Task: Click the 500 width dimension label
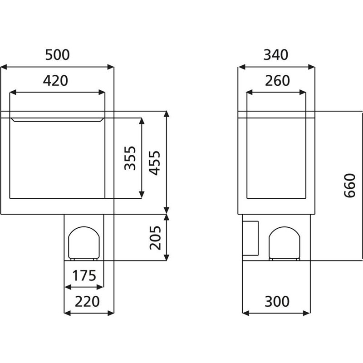pyautogui.click(x=57, y=55)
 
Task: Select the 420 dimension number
pyautogui.click(x=55, y=81)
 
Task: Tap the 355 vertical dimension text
pyautogui.click(x=130, y=157)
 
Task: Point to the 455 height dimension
pyautogui.click(x=155, y=162)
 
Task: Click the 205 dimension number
pyautogui.click(x=155, y=237)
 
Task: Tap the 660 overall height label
pyautogui.click(x=349, y=185)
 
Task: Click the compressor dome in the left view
pyautogui.click(x=83, y=243)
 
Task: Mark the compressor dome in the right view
pyautogui.click(x=285, y=243)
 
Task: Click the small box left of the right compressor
pyautogui.click(x=250, y=237)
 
